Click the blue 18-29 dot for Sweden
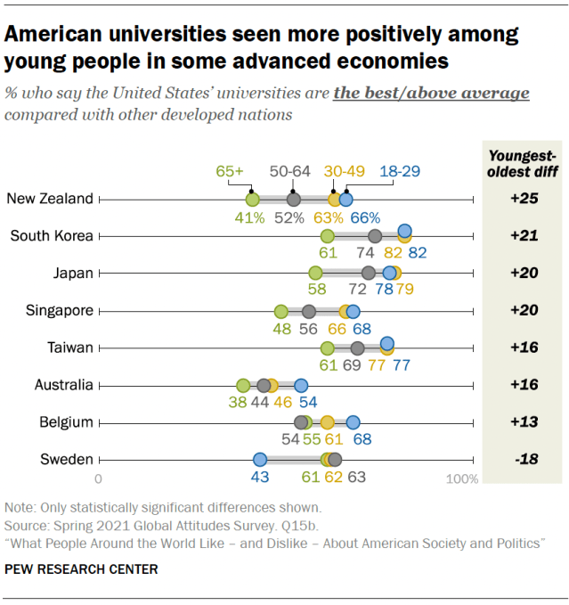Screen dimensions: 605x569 260,460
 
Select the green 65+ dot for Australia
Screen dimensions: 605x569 243,386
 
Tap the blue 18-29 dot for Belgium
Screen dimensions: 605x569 353,422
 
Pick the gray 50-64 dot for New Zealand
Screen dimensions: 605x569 293,199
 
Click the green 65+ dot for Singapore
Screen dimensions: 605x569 281,311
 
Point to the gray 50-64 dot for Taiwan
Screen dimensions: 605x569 357,348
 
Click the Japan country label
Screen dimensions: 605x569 73,274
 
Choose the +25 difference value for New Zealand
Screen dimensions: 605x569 525,199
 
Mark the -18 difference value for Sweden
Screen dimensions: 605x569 525,460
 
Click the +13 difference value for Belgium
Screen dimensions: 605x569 525,422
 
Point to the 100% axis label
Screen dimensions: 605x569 461,479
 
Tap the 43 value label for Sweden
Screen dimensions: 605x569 260,478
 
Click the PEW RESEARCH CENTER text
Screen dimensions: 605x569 82,568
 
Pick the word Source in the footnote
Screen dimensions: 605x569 27,525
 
